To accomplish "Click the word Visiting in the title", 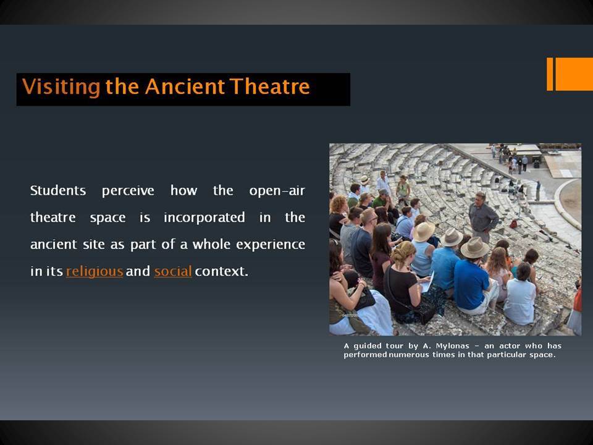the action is tap(61, 87).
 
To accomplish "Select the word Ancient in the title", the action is tap(185, 87).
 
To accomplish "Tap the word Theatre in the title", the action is tap(270, 87).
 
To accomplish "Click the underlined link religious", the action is tap(95, 271).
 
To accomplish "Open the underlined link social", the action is tap(173, 271).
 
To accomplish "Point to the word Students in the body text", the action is tap(58, 190).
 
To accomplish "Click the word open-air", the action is tap(277, 191).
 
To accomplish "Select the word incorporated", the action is tap(204, 218).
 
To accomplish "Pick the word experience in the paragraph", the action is tap(271, 245).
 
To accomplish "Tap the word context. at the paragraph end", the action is tap(222, 271).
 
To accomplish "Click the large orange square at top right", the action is tap(574, 74).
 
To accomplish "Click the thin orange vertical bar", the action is tap(550, 74).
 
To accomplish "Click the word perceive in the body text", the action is tap(128, 191).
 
